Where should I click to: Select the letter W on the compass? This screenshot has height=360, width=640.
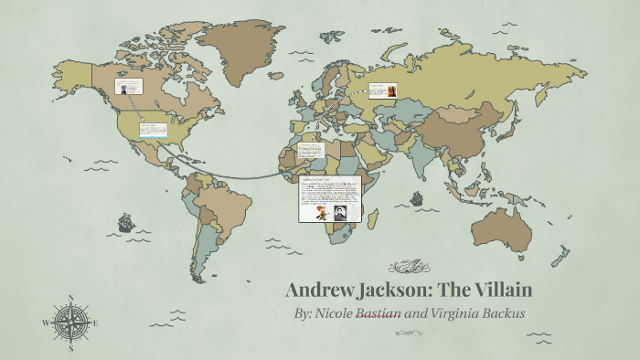tap(47, 323)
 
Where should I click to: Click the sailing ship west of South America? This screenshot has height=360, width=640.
tap(124, 222)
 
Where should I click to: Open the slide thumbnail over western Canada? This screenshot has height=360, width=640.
tap(128, 88)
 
